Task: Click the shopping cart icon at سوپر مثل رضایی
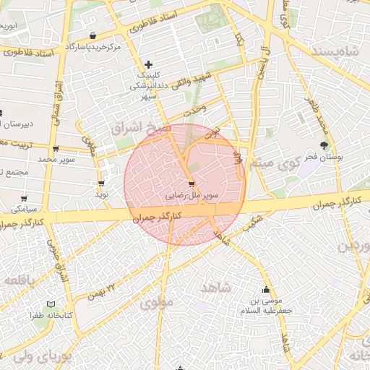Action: [x=192, y=183]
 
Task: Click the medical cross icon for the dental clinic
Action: [x=149, y=65]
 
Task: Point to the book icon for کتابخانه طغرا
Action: [x=50, y=304]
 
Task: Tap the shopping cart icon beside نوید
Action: [x=101, y=184]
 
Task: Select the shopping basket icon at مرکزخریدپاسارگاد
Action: [x=92, y=36]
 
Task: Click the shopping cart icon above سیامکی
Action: [x=24, y=198]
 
